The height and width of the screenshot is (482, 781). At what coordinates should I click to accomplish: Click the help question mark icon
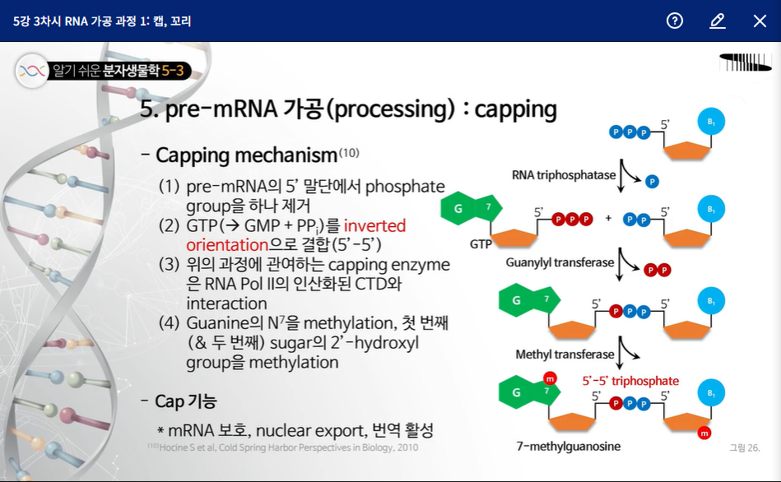click(x=675, y=21)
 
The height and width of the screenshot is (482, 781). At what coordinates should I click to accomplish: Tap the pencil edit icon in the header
click(x=718, y=21)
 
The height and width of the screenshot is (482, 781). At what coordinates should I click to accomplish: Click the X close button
click(x=760, y=21)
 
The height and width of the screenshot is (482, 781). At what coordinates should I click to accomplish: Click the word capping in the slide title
click(x=516, y=109)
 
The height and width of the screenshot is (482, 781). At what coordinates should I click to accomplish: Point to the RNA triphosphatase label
click(x=563, y=175)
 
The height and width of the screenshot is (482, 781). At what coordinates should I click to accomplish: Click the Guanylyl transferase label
click(x=560, y=262)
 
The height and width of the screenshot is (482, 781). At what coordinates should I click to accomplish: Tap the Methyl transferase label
click(x=565, y=355)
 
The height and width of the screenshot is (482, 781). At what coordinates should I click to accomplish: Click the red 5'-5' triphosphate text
click(x=630, y=381)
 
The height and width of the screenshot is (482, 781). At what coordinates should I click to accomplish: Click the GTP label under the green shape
click(x=481, y=244)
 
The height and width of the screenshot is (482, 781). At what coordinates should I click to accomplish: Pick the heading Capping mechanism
click(x=246, y=155)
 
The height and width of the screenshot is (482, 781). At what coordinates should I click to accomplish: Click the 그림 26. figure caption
click(x=744, y=447)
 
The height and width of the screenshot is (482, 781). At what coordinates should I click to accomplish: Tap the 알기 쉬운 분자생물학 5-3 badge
click(x=105, y=72)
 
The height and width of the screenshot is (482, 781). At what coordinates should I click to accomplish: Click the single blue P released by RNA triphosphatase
click(x=652, y=181)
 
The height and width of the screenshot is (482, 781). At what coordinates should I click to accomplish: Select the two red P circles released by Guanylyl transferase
click(x=656, y=270)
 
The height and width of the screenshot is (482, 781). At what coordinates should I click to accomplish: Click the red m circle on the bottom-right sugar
click(x=704, y=433)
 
